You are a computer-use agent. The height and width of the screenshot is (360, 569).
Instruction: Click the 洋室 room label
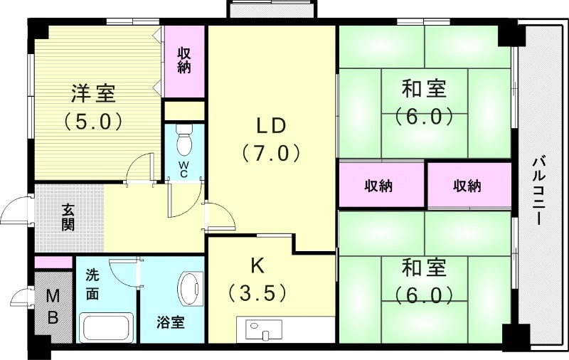pos(93,93)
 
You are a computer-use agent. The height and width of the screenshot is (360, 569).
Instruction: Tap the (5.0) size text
pos(93,120)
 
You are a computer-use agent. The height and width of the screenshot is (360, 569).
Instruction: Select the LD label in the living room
pos(271,126)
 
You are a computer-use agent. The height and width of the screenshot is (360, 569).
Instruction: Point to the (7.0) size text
pos(271,153)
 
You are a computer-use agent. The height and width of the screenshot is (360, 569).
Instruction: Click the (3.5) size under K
pos(257,292)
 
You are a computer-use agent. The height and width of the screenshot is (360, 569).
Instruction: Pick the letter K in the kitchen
pos(257,265)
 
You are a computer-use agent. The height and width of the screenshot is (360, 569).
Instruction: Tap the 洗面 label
pos(93,283)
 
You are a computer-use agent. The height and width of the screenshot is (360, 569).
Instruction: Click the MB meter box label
pos(53,307)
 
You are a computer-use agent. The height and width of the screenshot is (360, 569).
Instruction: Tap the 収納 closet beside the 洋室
pos(184,61)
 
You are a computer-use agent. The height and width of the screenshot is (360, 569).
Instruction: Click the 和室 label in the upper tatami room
pos(425,90)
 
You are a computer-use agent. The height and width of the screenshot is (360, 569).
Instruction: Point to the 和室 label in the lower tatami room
pos(425,268)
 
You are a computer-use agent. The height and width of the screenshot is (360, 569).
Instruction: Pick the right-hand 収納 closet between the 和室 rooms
pos(467,186)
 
